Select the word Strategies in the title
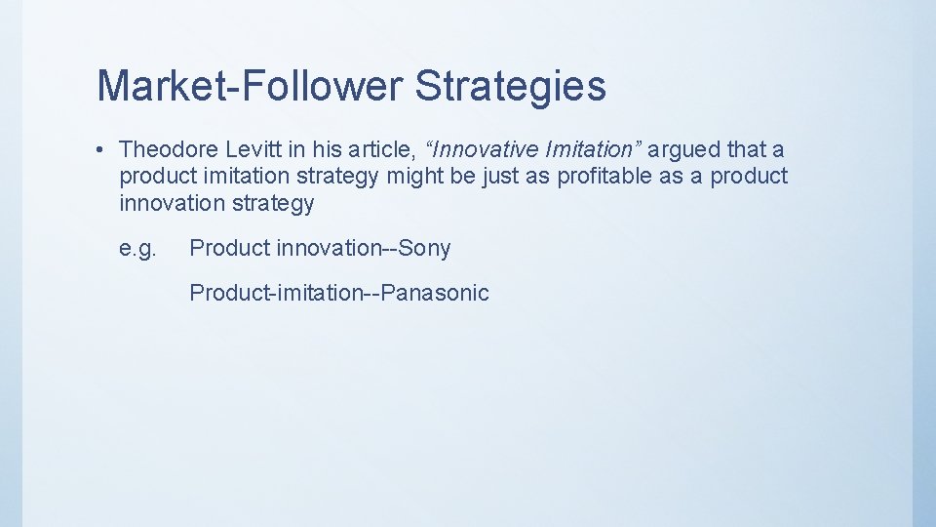click(x=511, y=86)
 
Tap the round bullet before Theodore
click(x=100, y=149)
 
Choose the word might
click(x=416, y=177)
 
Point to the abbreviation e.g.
click(x=137, y=249)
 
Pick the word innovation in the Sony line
click(x=328, y=249)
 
